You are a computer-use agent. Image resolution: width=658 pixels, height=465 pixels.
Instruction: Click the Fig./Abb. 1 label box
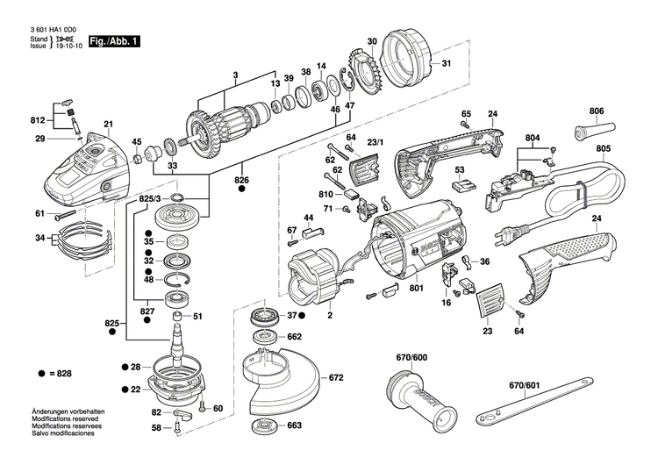111,41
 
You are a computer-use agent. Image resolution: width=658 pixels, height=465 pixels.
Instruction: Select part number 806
597,111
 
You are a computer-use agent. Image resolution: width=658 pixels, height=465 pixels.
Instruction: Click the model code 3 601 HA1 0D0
54,29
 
